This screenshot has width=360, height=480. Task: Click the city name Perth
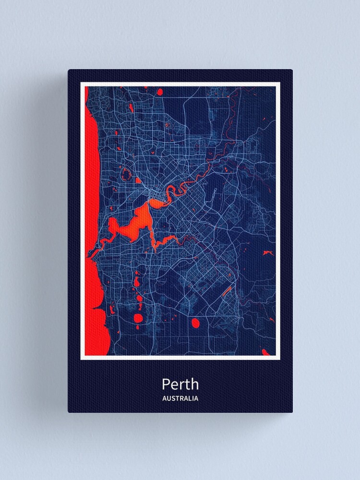(x=180, y=384)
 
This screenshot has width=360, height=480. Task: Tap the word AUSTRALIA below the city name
(x=180, y=398)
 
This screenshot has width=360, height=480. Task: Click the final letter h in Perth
(x=194, y=384)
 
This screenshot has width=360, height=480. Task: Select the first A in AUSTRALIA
(x=165, y=398)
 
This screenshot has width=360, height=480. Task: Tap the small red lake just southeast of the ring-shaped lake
(x=138, y=181)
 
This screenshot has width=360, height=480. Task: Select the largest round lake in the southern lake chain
(x=139, y=318)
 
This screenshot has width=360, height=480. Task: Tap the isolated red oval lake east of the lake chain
(x=195, y=323)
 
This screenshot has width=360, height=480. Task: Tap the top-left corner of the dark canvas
(x=69, y=70)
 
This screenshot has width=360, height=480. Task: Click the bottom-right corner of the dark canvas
(x=292, y=412)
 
